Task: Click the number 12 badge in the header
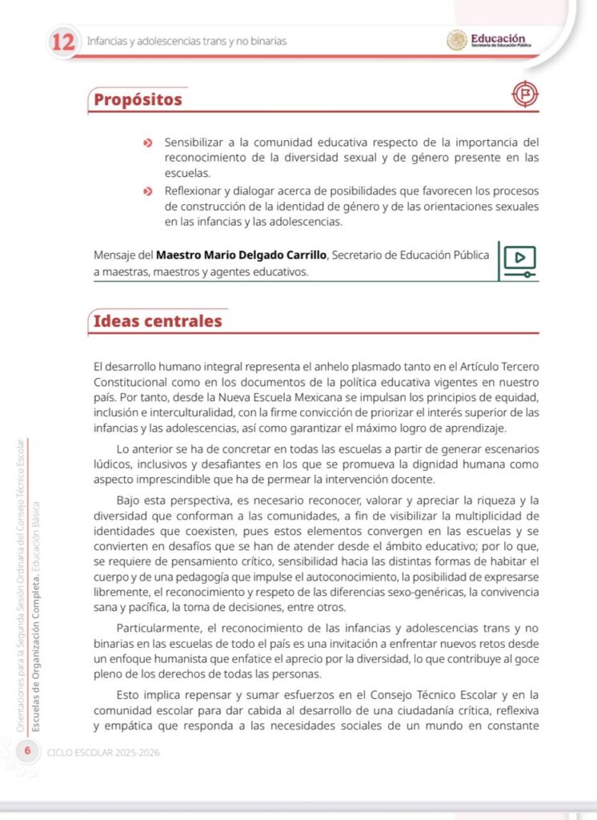tap(62, 41)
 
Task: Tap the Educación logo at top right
tap(488, 40)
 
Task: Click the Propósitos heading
tap(138, 100)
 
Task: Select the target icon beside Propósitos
tap(525, 95)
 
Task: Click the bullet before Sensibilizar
tap(147, 143)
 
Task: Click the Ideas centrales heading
tap(158, 321)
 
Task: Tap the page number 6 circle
tap(28, 750)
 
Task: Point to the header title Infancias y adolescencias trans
tap(186, 41)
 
